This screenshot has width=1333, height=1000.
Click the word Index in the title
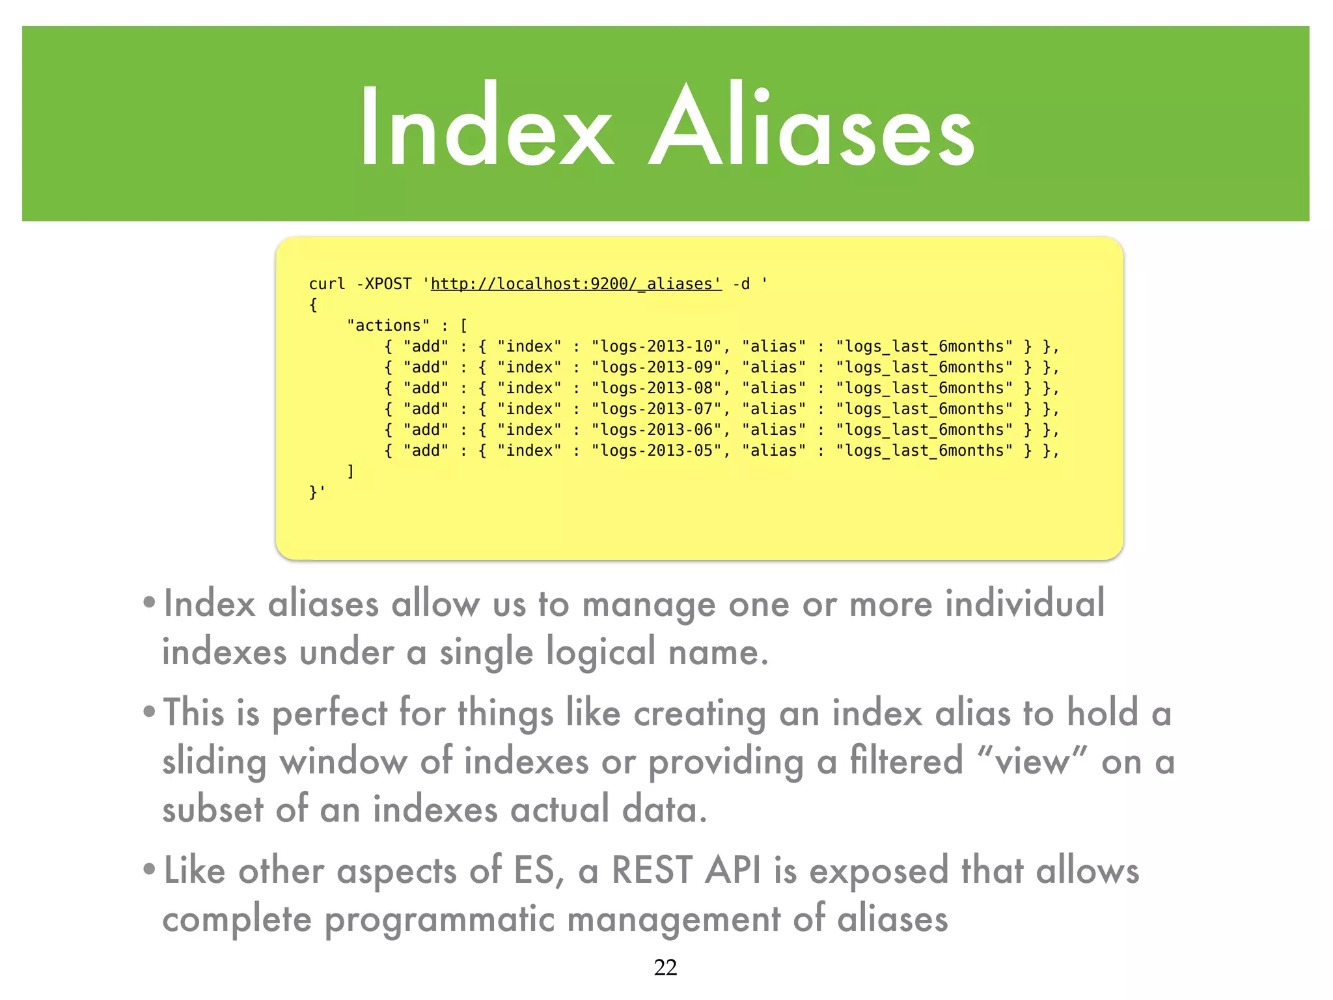pos(486,125)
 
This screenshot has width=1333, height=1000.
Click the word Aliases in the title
pos(811,125)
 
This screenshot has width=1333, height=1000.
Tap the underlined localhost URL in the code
pos(576,285)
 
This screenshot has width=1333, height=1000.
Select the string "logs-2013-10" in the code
pos(657,346)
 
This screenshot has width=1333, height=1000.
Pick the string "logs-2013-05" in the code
pos(657,451)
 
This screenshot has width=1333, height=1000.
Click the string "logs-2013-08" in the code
pos(657,388)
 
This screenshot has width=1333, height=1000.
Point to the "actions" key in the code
pos(389,326)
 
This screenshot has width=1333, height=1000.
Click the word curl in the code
pos(327,285)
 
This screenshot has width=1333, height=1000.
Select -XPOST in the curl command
pos(384,285)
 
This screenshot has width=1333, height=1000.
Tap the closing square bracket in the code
pos(351,471)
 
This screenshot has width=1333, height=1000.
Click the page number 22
pos(665,967)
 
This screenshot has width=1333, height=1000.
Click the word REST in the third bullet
pos(652,870)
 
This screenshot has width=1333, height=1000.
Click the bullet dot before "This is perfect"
pos(150,712)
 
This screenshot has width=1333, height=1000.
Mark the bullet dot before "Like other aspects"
pos(150,870)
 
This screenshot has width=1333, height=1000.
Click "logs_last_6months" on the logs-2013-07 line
pos(924,409)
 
